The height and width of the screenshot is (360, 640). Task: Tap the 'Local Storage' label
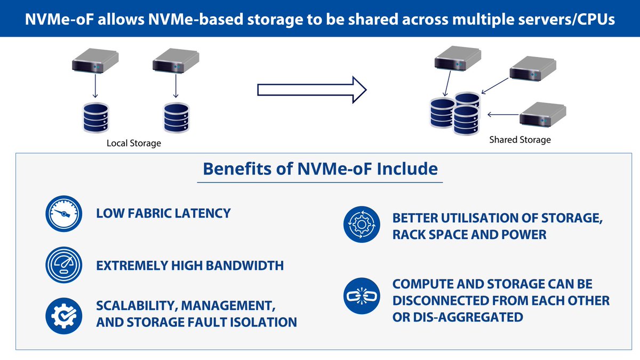[x=134, y=143]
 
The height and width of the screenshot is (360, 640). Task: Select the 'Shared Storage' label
[x=520, y=140]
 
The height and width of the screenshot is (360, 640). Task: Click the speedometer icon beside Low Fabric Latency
[x=63, y=214]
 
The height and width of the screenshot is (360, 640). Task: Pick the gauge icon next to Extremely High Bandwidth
[x=63, y=265]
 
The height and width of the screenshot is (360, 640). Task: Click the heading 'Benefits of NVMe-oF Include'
[x=320, y=169]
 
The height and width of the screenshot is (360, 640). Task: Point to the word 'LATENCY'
[x=202, y=213]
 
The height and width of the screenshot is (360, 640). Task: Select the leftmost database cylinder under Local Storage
[x=95, y=118]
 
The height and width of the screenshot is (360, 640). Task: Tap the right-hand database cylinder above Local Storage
[x=175, y=118]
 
